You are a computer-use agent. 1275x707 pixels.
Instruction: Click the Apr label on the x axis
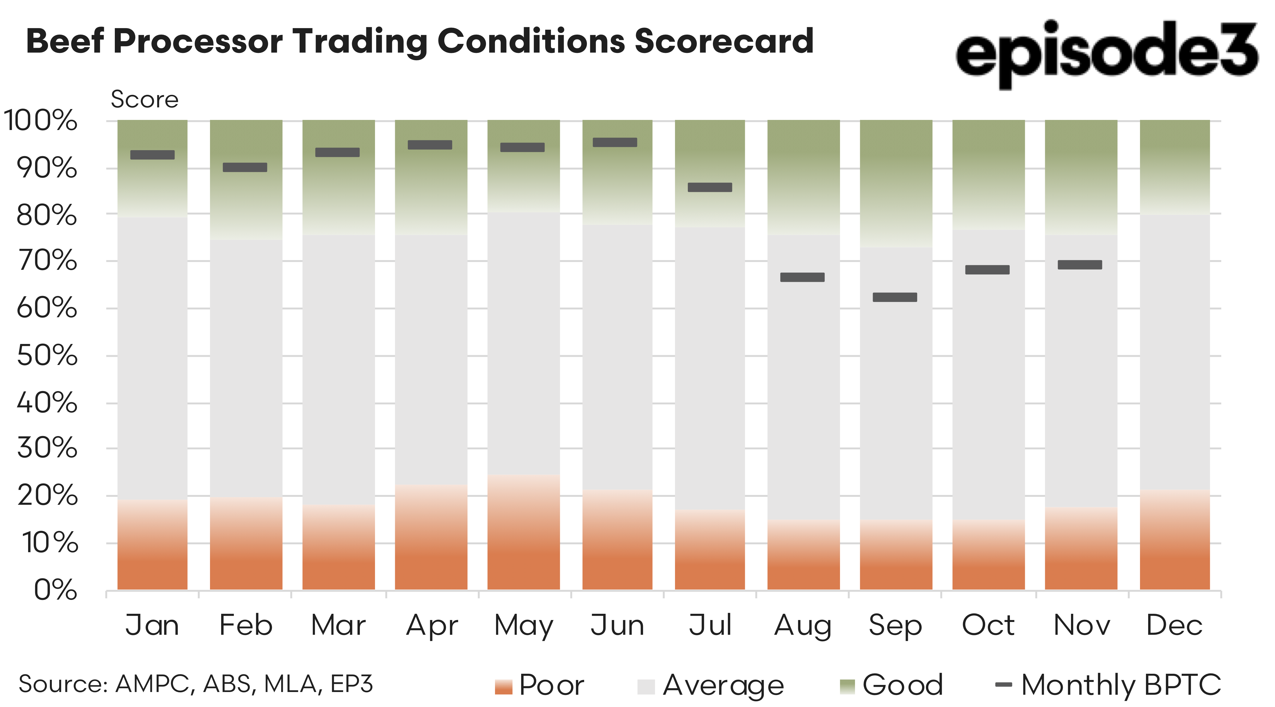coord(432,625)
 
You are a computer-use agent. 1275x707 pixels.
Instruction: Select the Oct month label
coord(988,625)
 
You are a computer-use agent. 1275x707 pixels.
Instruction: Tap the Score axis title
coord(145,99)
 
